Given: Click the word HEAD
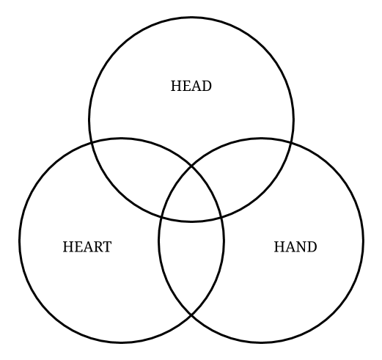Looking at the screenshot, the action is [191, 86].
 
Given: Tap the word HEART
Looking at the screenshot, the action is [87, 247].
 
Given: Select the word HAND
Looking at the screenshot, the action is [295, 247].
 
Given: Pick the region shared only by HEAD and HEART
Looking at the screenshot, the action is [137, 171].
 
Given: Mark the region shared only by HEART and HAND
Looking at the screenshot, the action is [191, 262].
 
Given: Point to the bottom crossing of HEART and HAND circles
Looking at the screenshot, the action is [191, 315].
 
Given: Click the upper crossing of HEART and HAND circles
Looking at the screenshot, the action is [191, 166].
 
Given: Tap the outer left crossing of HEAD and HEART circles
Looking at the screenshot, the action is [91, 142].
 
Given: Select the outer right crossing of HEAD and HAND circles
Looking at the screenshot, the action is [292, 142].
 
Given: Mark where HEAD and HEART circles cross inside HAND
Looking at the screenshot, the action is [221, 217].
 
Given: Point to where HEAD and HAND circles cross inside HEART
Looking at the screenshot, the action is [161, 217].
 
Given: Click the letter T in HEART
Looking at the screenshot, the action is [107, 247].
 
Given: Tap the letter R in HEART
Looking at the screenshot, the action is [97, 247].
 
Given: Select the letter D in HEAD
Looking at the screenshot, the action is [207, 86].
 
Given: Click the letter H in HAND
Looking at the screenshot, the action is [279, 247].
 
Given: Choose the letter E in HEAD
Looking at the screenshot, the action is [186, 86].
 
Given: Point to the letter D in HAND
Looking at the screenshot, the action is [312, 247].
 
